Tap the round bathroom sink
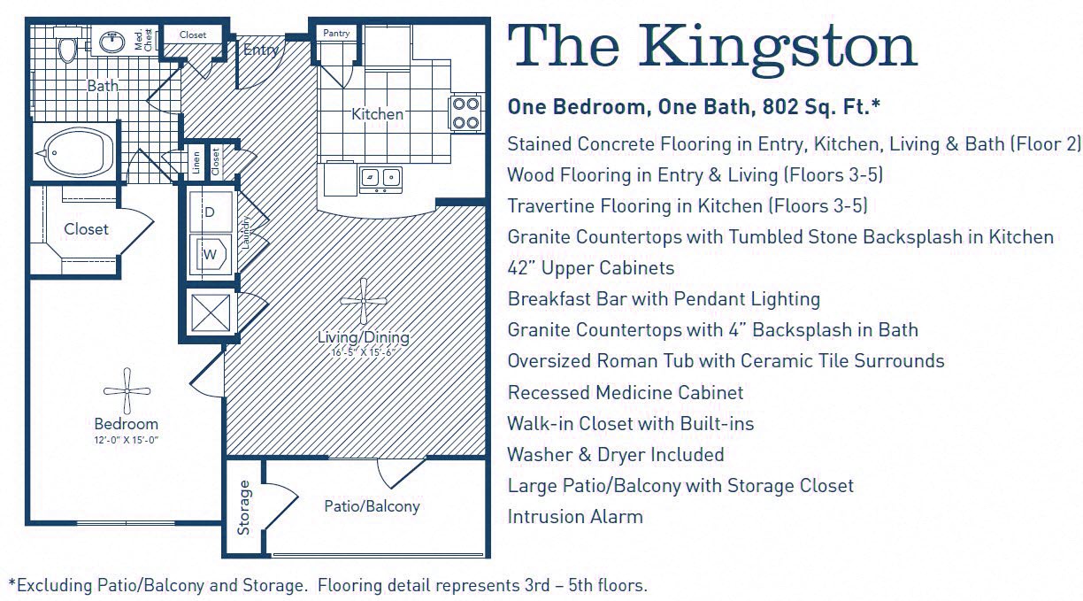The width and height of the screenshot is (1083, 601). click(x=112, y=41)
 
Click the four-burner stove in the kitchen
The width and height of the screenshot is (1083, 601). click(x=465, y=112)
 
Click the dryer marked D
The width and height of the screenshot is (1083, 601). click(x=211, y=212)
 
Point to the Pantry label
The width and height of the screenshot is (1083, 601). click(x=336, y=34)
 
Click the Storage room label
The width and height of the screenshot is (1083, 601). click(x=244, y=507)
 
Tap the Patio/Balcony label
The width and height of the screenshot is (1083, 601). click(x=372, y=506)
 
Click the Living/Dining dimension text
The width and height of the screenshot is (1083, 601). click(x=364, y=351)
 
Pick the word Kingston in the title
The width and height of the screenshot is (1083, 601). click(x=779, y=46)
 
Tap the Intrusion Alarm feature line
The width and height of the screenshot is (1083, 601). click(x=575, y=516)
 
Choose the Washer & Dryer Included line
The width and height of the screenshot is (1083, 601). click(x=616, y=454)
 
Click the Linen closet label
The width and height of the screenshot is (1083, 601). click(x=194, y=161)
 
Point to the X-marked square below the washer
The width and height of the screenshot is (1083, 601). click(x=211, y=312)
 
